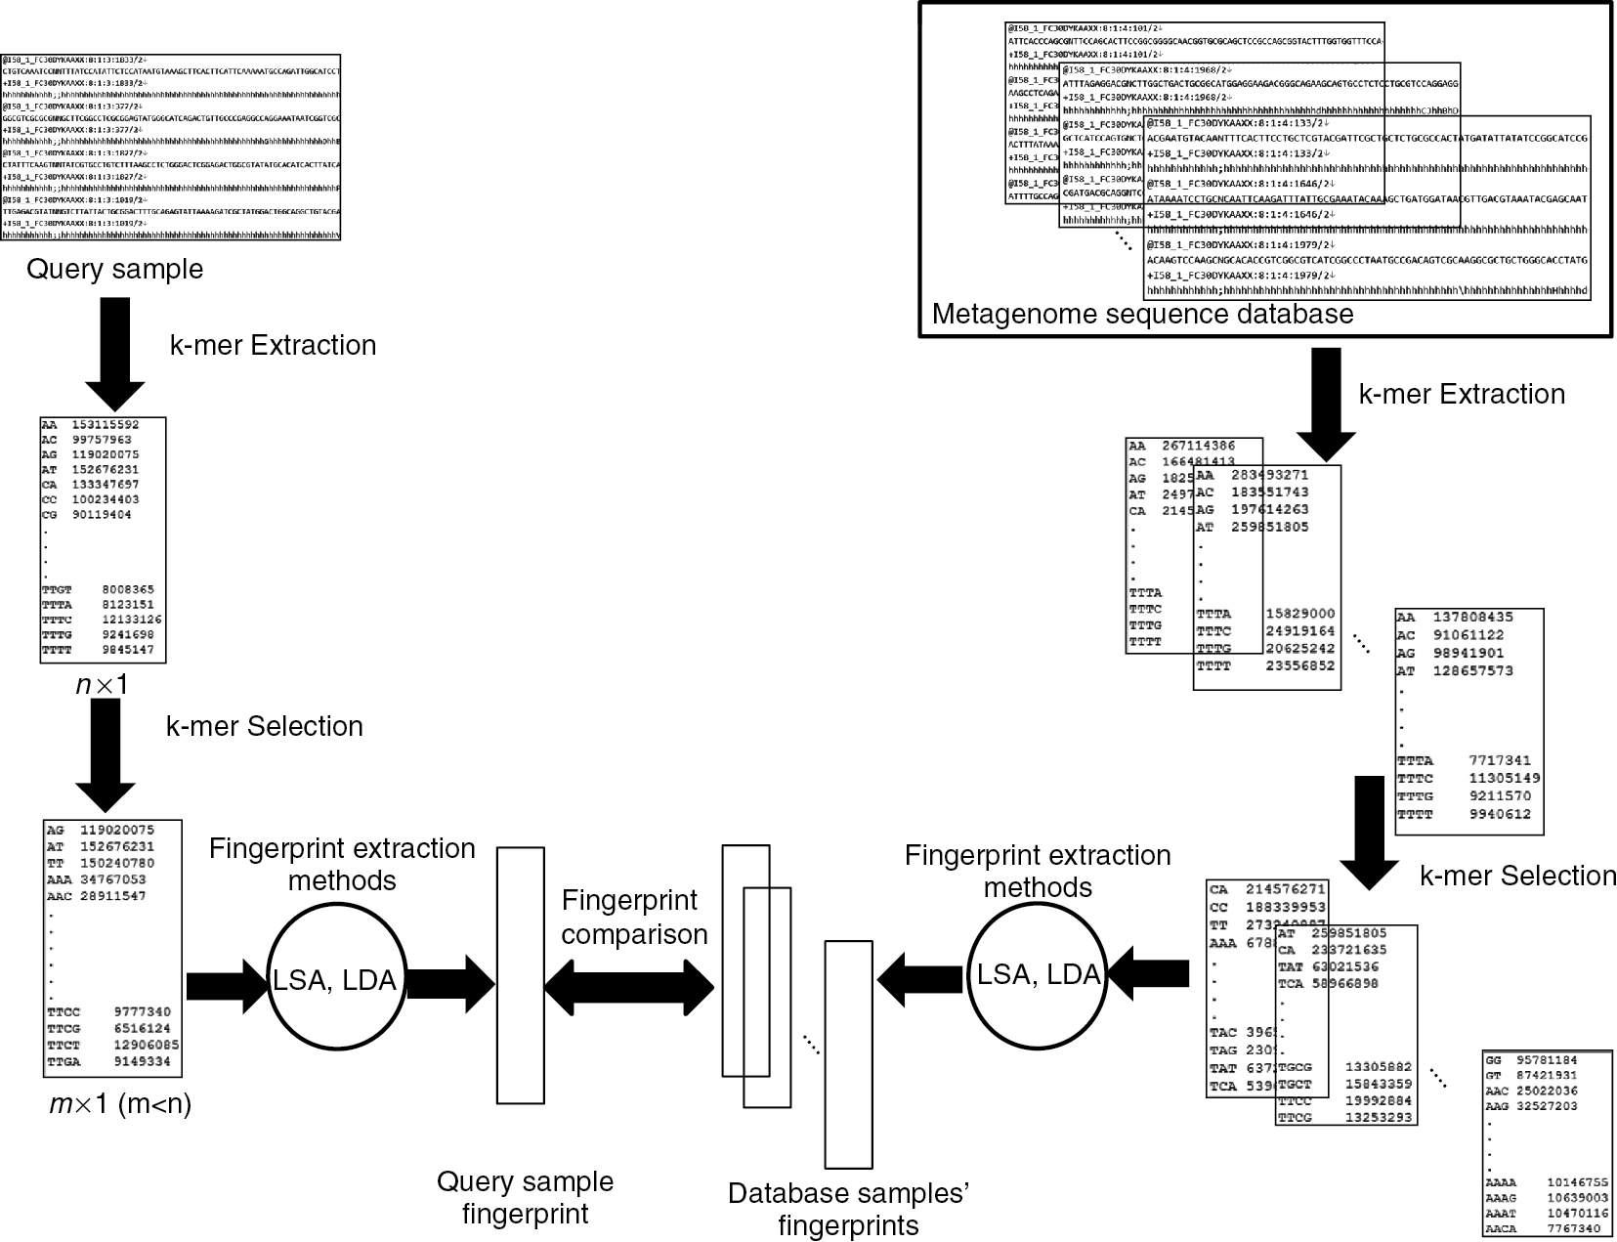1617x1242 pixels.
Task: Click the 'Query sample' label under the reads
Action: click(x=114, y=269)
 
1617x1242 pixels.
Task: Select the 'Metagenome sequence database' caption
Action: click(x=1142, y=314)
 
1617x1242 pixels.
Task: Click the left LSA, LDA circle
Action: click(x=334, y=980)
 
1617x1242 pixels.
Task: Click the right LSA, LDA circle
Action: click(x=1038, y=974)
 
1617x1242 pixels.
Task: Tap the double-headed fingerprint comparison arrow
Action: click(x=630, y=986)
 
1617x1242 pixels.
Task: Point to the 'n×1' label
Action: click(x=102, y=685)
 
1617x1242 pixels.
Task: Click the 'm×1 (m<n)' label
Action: click(x=120, y=1105)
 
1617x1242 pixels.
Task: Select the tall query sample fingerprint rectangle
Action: click(x=520, y=975)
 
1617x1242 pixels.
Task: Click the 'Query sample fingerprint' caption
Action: click(x=525, y=1197)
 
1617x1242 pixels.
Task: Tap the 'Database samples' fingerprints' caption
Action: click(x=848, y=1209)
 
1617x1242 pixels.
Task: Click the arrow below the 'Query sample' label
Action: click(x=114, y=354)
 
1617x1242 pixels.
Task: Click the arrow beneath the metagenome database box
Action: click(x=1326, y=403)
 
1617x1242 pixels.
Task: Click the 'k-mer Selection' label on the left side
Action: click(x=264, y=726)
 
